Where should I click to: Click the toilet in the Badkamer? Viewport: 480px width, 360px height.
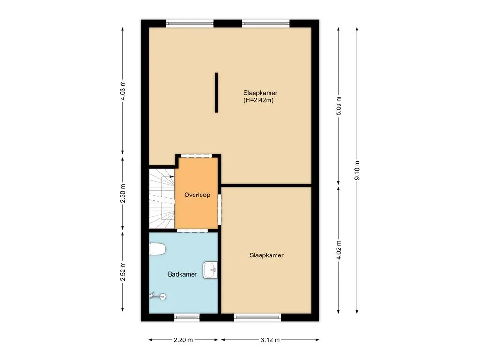[157, 249]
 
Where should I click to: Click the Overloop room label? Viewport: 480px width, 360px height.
[197, 195]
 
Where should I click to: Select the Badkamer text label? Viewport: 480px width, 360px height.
[182, 274]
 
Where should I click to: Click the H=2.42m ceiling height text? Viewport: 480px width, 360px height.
[258, 100]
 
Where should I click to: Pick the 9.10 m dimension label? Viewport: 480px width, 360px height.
[357, 170]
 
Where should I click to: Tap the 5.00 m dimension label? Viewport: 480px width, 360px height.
[339, 105]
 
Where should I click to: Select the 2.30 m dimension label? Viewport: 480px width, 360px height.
[123, 194]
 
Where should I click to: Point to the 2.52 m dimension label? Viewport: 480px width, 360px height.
[123, 271]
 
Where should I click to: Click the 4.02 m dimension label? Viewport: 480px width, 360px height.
[339, 249]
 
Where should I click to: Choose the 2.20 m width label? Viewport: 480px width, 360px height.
[183, 340]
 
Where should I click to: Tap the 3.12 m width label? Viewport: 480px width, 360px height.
[270, 340]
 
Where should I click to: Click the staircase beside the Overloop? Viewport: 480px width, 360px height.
[161, 199]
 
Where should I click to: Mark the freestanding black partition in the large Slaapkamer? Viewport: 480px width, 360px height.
[217, 92]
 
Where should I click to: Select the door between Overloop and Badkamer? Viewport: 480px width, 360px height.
[192, 230]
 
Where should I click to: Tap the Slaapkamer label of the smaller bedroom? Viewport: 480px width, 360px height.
[266, 255]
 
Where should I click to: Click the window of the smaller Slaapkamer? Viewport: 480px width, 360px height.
[259, 317]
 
